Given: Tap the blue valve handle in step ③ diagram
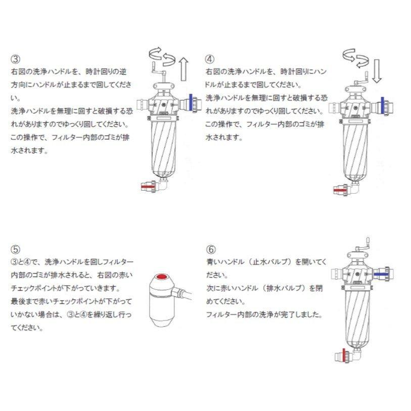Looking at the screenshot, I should tap(190, 103).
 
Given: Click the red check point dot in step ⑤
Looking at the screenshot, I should tap(163, 278).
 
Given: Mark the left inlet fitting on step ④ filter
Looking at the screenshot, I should tap(335, 107).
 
